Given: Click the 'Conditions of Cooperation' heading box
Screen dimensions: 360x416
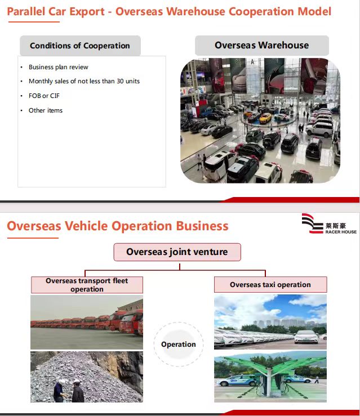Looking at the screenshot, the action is click(x=80, y=46).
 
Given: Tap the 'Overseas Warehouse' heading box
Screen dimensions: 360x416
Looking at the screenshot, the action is click(x=262, y=45).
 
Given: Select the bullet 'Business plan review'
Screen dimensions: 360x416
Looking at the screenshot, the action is click(x=59, y=67).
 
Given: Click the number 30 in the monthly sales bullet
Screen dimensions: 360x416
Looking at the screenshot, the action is click(x=120, y=81).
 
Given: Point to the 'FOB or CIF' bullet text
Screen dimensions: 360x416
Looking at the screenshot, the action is click(x=44, y=96).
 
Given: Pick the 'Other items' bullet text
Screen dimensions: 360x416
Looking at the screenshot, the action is click(x=46, y=110).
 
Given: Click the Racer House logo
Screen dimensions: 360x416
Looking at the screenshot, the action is click(x=329, y=223).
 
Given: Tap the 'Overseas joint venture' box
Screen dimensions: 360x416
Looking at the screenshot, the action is click(x=177, y=252).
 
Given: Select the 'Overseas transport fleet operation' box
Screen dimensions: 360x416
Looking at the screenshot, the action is click(x=87, y=285).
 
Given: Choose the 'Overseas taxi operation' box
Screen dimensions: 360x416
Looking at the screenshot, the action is click(x=270, y=285).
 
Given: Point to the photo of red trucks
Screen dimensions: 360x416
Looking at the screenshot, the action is click(x=87, y=322).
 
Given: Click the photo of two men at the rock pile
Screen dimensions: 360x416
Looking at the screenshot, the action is click(x=87, y=377).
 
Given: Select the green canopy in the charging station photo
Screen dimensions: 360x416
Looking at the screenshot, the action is click(x=271, y=364).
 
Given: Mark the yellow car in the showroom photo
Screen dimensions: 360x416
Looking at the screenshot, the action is click(x=265, y=118).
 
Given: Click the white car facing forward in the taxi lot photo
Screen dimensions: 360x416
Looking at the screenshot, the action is click(x=306, y=337).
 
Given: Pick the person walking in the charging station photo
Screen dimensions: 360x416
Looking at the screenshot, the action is click(x=317, y=379).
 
